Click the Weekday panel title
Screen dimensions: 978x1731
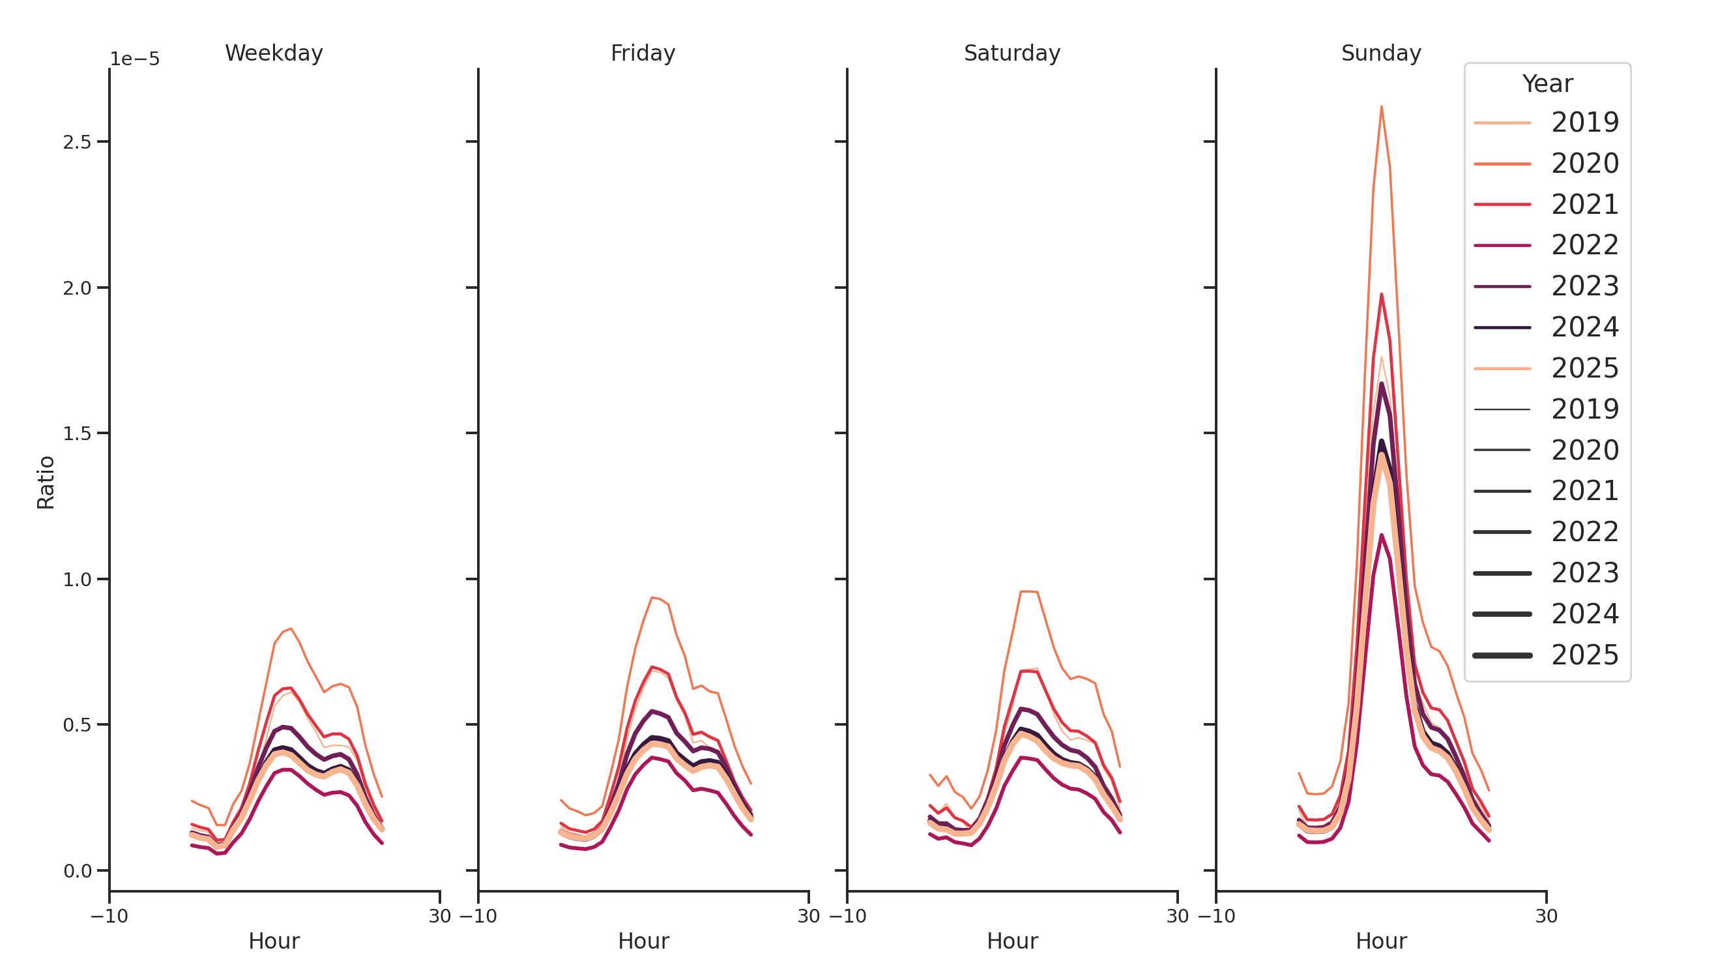pos(274,53)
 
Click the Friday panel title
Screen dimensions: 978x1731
pos(643,53)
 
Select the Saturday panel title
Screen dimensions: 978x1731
pos(1011,53)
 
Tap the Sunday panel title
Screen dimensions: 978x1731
pos(1380,53)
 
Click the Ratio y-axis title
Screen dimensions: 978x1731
pos(46,482)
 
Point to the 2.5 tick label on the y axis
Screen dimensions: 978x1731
pos(77,143)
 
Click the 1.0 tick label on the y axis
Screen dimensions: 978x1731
pos(77,580)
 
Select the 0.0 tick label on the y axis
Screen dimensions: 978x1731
pos(77,871)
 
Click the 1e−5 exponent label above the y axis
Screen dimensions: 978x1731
pos(134,59)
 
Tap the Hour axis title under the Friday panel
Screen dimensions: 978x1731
pos(643,941)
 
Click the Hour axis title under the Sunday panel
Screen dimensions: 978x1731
pos(1380,941)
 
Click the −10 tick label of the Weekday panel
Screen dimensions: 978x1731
pos(109,916)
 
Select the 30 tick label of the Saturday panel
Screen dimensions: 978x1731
pos(1176,916)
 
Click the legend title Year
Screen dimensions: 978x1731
pos(1547,84)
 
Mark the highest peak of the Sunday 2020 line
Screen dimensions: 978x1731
pos(1381,107)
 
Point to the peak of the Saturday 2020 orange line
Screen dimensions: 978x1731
pos(1028,591)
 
